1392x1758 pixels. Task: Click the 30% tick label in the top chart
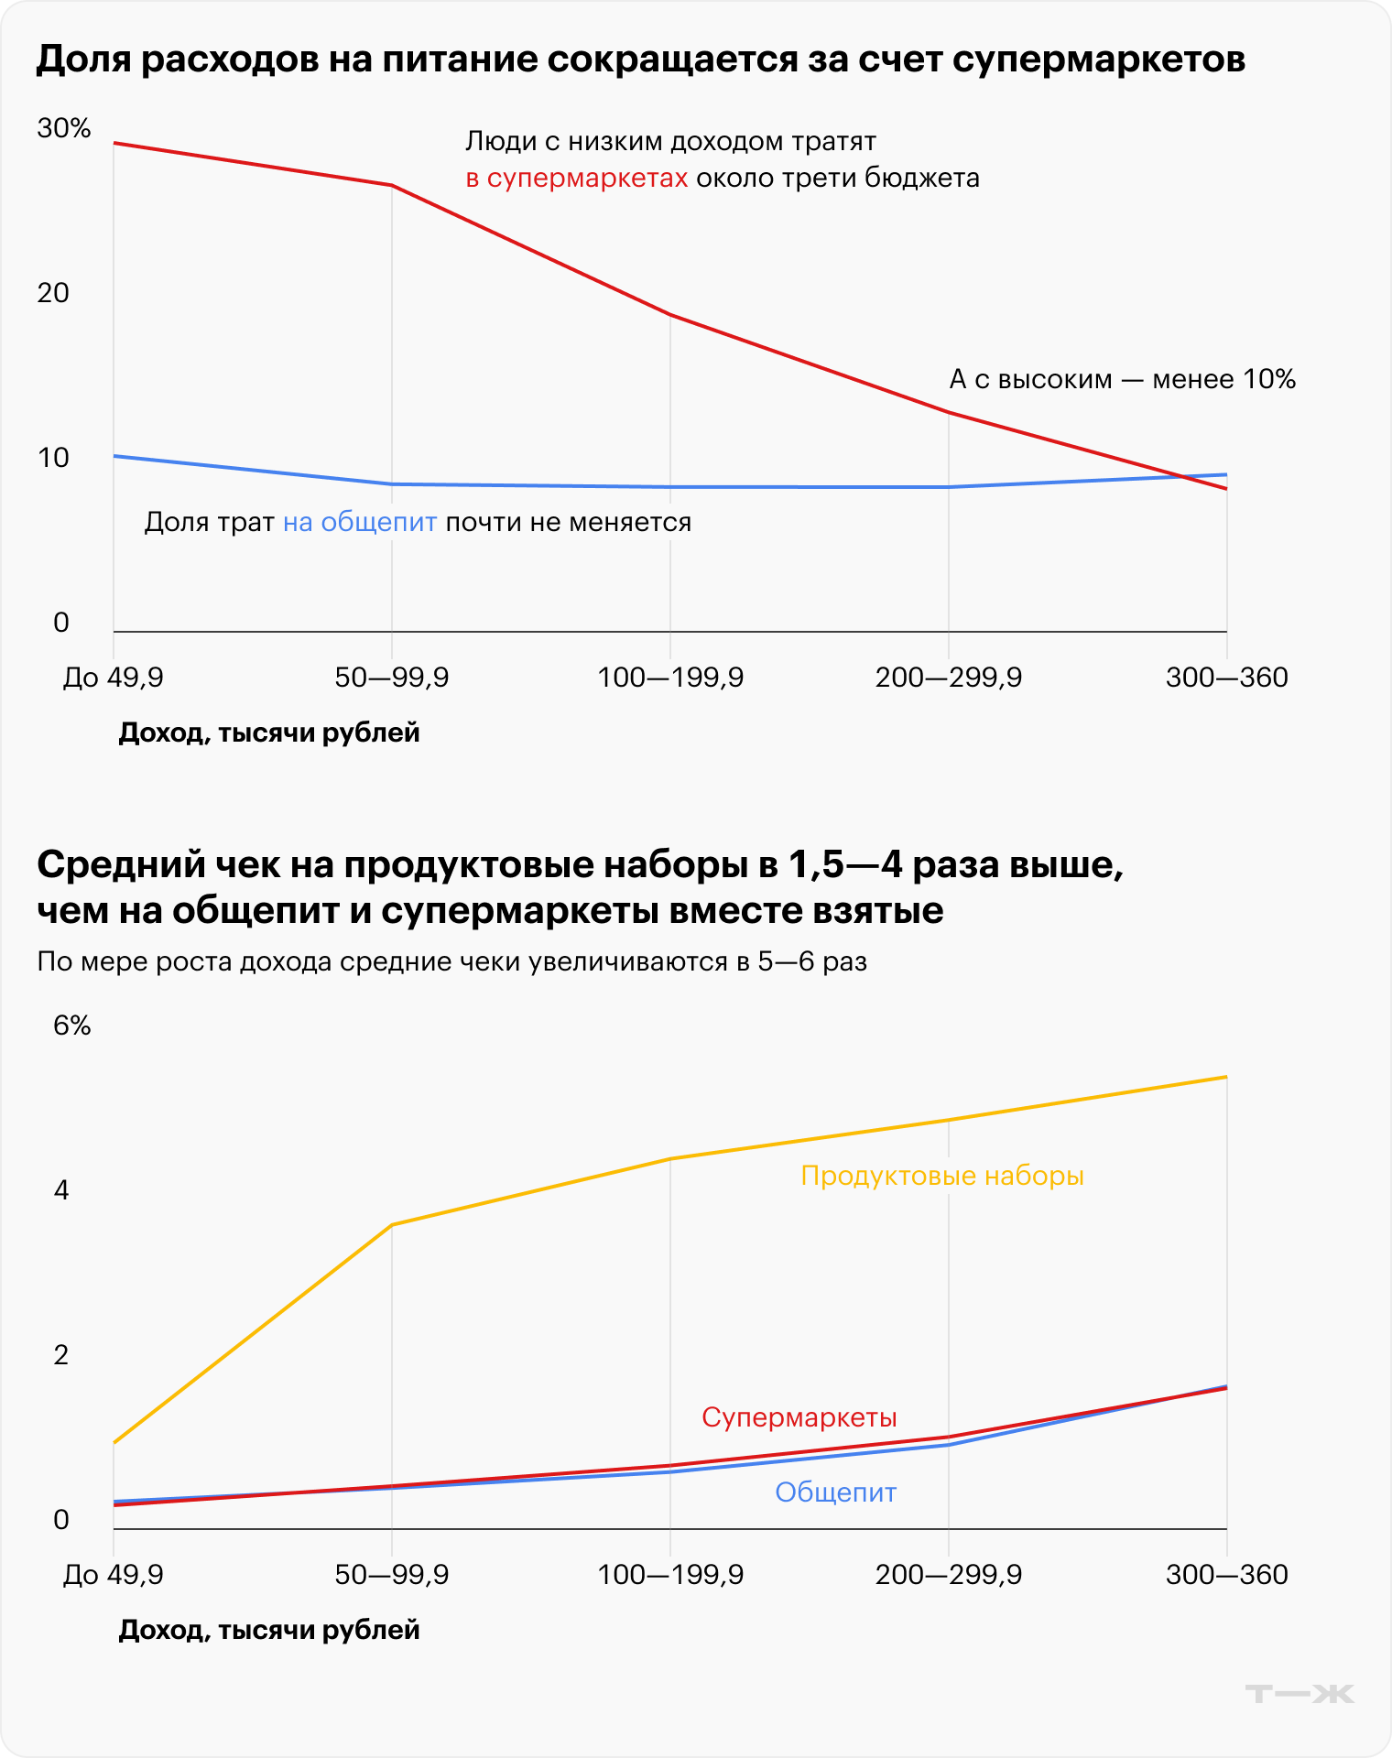[64, 128]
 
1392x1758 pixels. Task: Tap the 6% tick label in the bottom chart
[71, 1025]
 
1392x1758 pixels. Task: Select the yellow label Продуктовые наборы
[942, 1176]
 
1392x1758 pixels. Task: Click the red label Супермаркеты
[799, 1417]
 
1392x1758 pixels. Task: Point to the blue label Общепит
[835, 1492]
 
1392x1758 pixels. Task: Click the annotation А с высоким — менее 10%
[1122, 379]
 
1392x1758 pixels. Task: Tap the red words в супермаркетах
[577, 178]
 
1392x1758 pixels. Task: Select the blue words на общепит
[360, 523]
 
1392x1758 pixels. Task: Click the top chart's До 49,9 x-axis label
[113, 678]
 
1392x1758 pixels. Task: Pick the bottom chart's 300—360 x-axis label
[1226, 1575]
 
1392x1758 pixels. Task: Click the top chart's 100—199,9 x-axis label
[670, 678]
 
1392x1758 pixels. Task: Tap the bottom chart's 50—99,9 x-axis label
[392, 1575]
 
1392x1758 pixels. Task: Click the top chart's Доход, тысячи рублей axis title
[269, 732]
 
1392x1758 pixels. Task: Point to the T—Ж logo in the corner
[1300, 1694]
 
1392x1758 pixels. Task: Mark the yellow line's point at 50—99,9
[392, 1224]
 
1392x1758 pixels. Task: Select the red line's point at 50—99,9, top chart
[392, 186]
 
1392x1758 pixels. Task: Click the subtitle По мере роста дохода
[451, 961]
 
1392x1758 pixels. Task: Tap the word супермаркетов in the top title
[1098, 60]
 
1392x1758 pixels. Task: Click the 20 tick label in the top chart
[53, 293]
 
